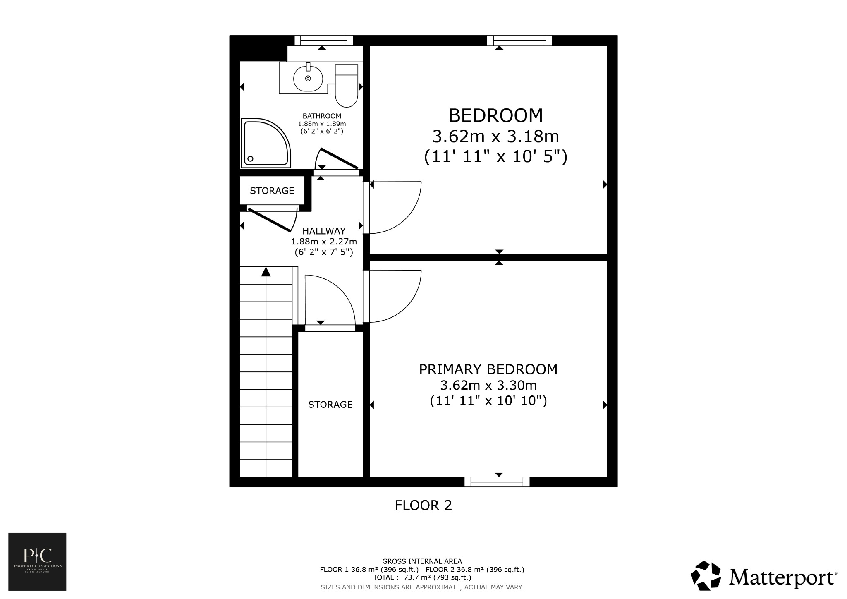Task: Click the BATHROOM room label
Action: [322, 116]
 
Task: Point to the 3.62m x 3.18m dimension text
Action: [495, 136]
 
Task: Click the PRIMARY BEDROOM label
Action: [488, 369]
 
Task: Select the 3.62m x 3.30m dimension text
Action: [488, 386]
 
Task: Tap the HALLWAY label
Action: [323, 231]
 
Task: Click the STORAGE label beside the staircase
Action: [330, 405]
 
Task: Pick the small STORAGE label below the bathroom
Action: [272, 191]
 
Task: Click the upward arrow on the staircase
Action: [266, 272]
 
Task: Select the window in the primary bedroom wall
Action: [497, 482]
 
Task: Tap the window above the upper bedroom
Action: [519, 40]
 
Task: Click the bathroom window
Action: [323, 40]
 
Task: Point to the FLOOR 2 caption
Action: [423, 506]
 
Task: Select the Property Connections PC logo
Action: [37, 561]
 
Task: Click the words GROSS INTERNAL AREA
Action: [422, 561]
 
